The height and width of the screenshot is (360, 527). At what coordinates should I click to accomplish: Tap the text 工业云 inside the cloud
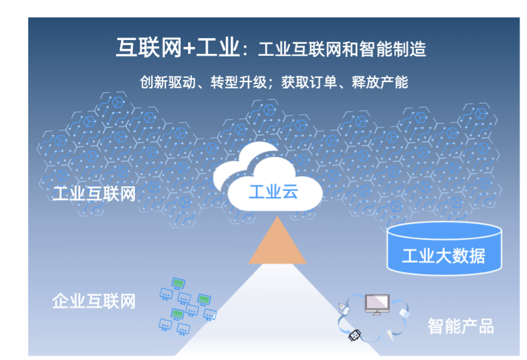click(274, 192)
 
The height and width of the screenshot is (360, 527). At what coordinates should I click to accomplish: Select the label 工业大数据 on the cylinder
click(444, 256)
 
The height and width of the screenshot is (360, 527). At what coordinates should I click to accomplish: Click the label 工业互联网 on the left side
click(94, 194)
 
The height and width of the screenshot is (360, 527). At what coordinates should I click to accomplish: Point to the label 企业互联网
click(94, 301)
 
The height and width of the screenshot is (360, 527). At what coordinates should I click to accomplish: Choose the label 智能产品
click(460, 326)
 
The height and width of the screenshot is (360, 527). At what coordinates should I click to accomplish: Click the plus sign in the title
click(189, 48)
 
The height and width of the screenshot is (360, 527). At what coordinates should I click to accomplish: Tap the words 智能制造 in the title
click(393, 49)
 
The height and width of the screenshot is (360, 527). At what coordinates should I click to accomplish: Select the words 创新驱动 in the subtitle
click(168, 82)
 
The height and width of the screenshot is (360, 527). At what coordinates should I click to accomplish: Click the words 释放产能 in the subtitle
click(380, 82)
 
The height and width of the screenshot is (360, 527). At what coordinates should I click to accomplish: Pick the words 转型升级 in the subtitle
click(238, 82)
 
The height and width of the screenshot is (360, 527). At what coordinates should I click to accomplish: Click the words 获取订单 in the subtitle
click(309, 82)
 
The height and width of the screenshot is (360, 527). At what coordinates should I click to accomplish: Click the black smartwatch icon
click(354, 335)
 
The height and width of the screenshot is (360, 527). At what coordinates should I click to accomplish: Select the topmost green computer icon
click(178, 283)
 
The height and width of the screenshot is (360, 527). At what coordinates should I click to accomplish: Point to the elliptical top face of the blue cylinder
click(444, 231)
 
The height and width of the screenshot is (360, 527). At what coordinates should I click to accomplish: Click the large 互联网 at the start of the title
click(149, 48)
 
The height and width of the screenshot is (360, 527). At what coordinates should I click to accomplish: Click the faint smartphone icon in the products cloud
click(389, 337)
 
